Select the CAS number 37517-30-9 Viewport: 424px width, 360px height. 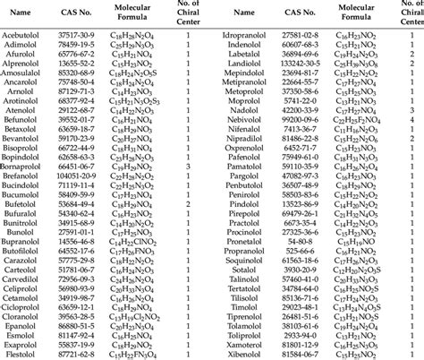pyautogui.click(x=89, y=32)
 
